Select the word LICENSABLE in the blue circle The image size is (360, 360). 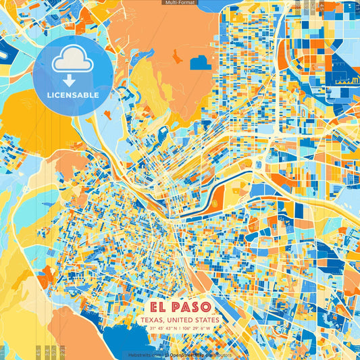coord(73,95)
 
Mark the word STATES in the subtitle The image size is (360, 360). coord(207,319)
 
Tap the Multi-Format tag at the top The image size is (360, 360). coord(180,3)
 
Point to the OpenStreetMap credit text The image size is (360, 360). coord(189,355)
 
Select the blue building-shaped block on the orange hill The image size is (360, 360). coord(201,62)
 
